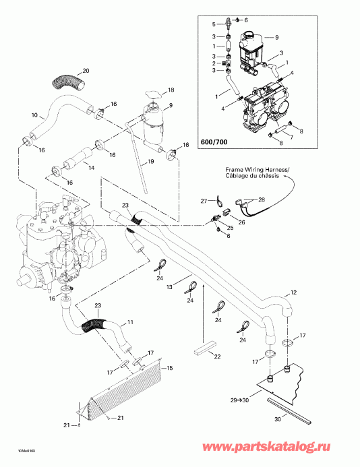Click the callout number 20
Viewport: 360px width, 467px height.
[85, 70]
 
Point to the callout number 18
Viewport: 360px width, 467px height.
[171, 90]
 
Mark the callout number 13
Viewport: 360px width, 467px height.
[170, 287]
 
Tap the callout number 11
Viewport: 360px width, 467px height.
[130, 323]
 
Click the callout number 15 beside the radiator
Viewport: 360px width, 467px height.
[170, 367]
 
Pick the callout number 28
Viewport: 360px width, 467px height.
[262, 200]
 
